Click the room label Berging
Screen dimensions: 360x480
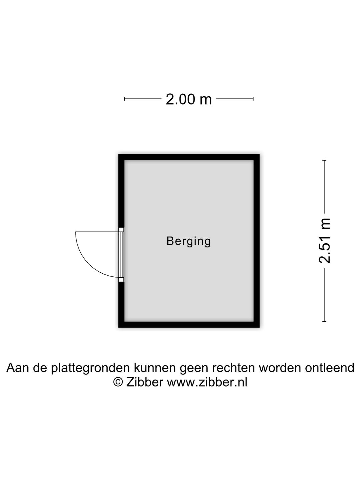tap(189, 242)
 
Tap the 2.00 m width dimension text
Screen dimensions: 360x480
tap(189, 99)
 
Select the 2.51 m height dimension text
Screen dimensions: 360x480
tap(324, 241)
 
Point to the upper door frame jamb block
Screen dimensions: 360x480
tap(121, 230)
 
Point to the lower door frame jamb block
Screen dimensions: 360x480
tap(121, 280)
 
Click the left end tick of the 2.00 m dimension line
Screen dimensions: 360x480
tap(124, 99)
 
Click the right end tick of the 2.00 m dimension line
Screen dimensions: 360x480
tap(253, 99)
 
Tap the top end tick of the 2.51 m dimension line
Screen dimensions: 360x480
tap(324, 160)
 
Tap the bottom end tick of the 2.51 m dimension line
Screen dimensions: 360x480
tap(324, 321)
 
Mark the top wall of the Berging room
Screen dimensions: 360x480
tap(189, 157)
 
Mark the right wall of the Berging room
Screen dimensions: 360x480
tap(257, 241)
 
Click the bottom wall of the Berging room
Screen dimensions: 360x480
tap(189, 325)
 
